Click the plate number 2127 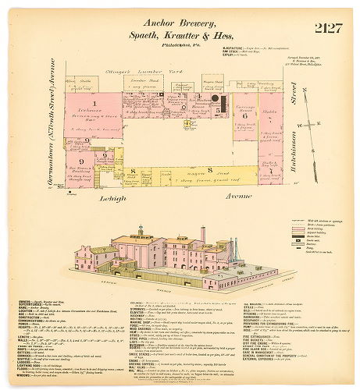click(328, 29)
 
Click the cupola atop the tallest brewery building click(141, 230)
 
